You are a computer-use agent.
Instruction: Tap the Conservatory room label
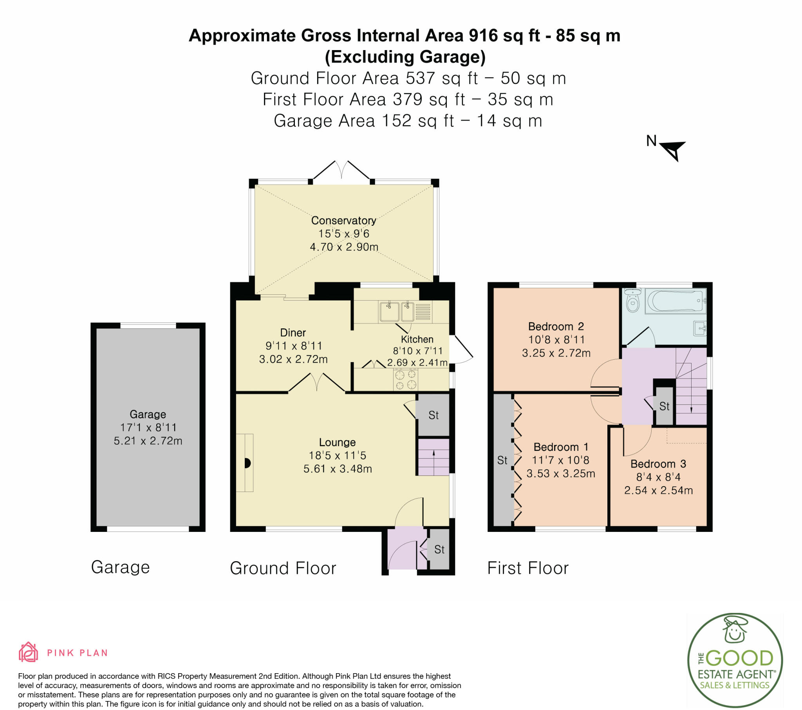(x=343, y=220)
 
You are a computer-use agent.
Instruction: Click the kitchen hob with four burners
(x=405, y=379)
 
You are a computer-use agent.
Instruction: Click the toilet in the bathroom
(x=632, y=301)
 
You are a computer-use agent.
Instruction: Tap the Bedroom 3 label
(x=658, y=464)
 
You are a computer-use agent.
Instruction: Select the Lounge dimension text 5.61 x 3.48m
(x=338, y=469)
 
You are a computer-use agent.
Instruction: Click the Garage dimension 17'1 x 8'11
(x=148, y=427)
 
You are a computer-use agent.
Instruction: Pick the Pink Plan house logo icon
(x=28, y=652)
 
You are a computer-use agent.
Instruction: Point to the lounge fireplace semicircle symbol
(x=247, y=463)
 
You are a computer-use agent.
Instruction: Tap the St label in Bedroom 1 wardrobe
(x=502, y=460)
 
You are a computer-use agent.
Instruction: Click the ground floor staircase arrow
(x=434, y=458)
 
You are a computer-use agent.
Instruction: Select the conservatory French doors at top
(x=341, y=171)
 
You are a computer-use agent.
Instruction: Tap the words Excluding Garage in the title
(x=405, y=57)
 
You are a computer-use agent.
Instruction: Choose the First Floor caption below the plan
(x=528, y=568)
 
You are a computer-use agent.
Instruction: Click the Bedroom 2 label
(x=556, y=326)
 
